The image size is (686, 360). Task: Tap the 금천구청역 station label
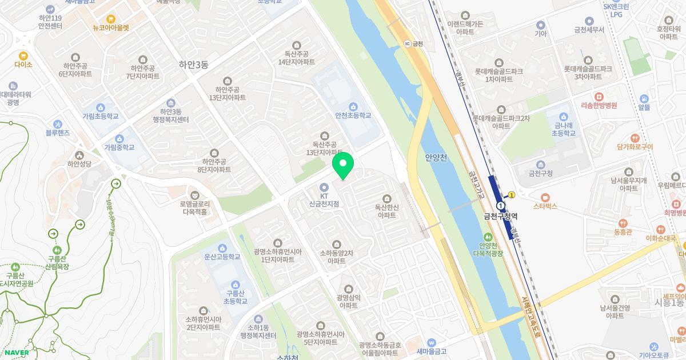click(x=500, y=217)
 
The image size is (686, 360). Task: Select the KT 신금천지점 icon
click(x=324, y=187)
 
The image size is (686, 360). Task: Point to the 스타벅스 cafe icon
click(x=544, y=197)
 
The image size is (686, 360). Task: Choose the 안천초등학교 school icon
click(x=353, y=106)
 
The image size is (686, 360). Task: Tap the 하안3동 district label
click(x=186, y=65)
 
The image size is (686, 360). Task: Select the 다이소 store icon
click(x=23, y=56)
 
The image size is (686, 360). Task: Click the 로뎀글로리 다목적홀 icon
click(x=194, y=194)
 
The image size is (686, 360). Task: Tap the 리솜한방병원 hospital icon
click(x=599, y=97)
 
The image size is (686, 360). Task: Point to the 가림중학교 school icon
click(x=119, y=138)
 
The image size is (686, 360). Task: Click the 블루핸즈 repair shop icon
click(x=58, y=124)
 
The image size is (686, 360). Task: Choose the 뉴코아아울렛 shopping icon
click(x=111, y=18)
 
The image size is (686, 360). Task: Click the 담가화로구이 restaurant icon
click(x=635, y=138)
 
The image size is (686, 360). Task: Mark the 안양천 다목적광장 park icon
click(x=487, y=237)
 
